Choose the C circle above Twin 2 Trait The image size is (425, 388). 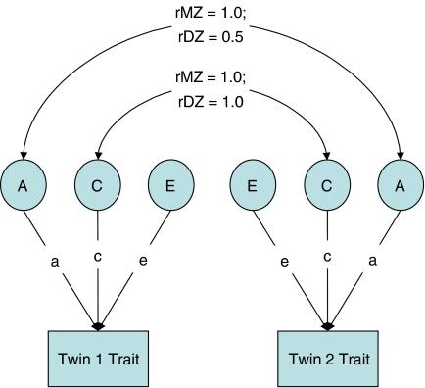point(326,183)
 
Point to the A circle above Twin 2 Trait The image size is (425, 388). point(401,183)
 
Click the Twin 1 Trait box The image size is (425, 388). point(97,358)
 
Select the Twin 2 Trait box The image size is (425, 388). point(326,358)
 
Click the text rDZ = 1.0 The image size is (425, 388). point(212,100)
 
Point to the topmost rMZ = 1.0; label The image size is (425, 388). point(212,12)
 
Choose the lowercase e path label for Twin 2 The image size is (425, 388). point(284,262)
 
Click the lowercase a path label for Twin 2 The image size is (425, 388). point(371,262)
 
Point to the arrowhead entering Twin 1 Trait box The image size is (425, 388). point(98,324)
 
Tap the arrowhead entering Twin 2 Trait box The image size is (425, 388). point(326,324)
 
